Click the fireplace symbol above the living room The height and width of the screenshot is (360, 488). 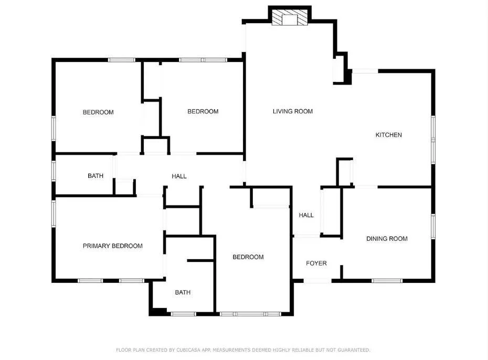tap(290, 17)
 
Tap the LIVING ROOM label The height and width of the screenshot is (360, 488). tap(293, 111)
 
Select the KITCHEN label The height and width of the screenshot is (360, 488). tap(388, 135)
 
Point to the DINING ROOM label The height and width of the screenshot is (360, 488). tap(387, 239)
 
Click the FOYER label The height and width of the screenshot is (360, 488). tap(316, 263)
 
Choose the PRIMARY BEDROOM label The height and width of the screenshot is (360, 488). tap(113, 246)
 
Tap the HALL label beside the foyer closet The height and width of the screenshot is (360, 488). tap(306, 215)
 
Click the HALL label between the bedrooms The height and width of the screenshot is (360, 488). tap(179, 176)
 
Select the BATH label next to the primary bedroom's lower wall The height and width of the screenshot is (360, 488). tap(183, 292)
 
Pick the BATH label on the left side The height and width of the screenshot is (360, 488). tap(96, 176)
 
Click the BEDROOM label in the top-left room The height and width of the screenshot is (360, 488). tap(98, 112)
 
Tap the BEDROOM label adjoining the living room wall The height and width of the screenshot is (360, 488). tap(203, 111)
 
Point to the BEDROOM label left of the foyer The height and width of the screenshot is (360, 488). tap(248, 257)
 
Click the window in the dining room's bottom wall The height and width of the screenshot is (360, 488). tap(387, 281)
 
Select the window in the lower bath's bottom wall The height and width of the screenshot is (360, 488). tap(183, 314)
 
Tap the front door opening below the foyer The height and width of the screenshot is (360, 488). tap(317, 281)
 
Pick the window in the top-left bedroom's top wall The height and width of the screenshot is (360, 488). tap(122, 60)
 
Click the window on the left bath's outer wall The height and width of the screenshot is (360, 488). tap(54, 171)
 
